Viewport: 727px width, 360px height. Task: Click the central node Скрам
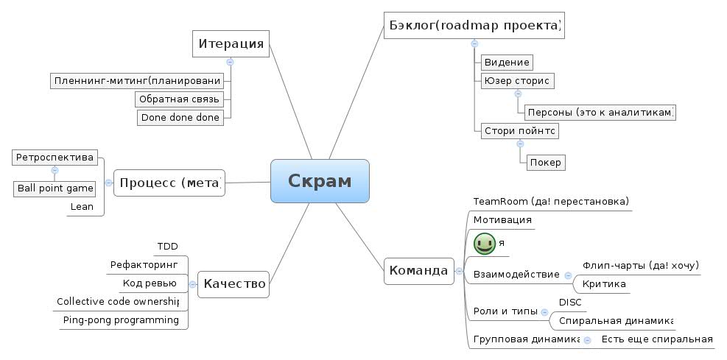[320, 181]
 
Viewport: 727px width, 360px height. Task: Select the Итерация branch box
[231, 43]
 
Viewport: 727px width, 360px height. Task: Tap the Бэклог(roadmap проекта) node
[474, 26]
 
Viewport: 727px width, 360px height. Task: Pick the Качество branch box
[233, 283]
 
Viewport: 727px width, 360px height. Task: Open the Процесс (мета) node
[169, 183]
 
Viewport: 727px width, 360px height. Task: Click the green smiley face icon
[484, 243]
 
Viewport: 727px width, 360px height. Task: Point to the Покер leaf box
[546, 162]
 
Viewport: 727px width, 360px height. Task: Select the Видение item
[506, 62]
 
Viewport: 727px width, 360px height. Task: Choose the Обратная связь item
[179, 99]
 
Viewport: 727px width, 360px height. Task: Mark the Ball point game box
[55, 188]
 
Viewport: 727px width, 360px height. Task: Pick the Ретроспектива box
[55, 157]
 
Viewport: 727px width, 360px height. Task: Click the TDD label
[168, 246]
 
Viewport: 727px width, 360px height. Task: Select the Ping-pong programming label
[121, 320]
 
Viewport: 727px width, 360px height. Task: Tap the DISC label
[570, 302]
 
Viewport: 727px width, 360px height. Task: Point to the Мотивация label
[502, 219]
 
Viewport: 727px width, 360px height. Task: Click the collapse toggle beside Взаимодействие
[568, 275]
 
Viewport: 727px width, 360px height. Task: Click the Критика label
[604, 283]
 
